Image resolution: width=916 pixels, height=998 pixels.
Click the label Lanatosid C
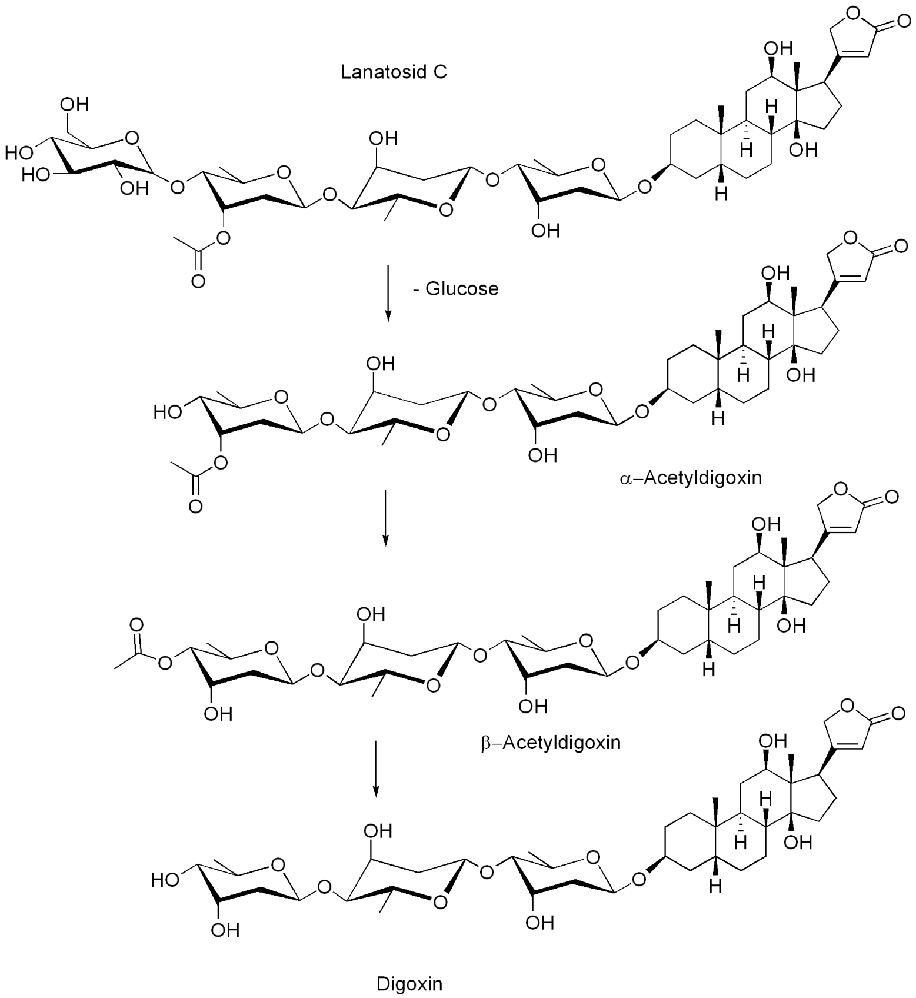394,72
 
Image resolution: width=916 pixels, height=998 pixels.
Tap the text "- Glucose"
455,288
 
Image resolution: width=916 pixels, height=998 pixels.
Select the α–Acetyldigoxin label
691,477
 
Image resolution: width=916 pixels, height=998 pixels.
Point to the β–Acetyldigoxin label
551,743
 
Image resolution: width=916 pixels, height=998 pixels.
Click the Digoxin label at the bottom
409,983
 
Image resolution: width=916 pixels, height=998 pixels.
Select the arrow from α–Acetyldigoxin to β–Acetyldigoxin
385,517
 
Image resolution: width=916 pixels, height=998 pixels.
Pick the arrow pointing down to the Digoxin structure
376,768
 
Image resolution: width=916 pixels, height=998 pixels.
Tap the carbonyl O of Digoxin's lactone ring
898,714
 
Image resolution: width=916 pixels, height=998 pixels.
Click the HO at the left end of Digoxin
165,880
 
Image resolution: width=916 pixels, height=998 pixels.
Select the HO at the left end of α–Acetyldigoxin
168,411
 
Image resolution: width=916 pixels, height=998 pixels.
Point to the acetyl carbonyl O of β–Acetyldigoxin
136,624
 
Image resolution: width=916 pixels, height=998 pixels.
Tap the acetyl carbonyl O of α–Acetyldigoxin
195,506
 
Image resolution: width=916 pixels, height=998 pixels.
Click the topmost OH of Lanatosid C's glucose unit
75,105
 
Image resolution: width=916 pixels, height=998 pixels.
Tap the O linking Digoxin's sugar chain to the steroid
638,880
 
